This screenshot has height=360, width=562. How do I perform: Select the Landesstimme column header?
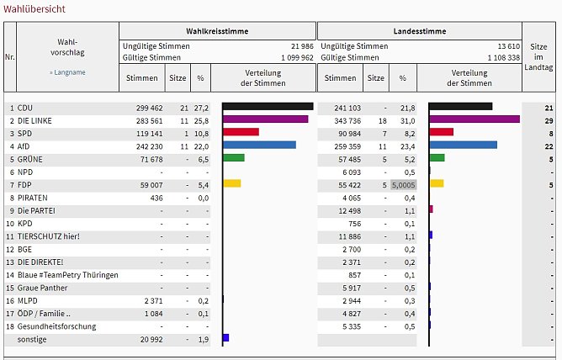click(x=419, y=30)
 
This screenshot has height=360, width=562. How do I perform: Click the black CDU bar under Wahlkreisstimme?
click(x=268, y=107)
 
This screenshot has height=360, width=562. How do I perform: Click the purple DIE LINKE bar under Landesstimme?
click(x=475, y=119)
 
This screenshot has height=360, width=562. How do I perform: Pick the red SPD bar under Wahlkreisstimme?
click(x=241, y=132)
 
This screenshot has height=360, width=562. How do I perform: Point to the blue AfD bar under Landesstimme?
click(x=464, y=145)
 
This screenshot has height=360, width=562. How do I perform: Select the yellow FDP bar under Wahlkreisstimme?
click(x=232, y=183)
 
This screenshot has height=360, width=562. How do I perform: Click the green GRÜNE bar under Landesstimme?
click(x=437, y=157)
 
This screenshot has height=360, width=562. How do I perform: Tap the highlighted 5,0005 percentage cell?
click(x=403, y=183)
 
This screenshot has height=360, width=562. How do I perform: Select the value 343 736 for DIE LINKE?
click(x=341, y=120)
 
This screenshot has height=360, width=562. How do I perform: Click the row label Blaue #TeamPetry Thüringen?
click(x=69, y=275)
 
